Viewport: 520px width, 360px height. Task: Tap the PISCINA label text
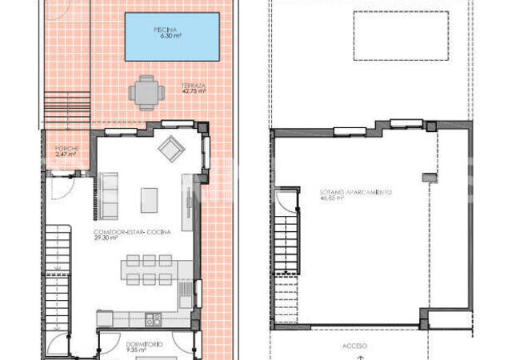(171, 31)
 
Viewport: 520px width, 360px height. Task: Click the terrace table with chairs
(146, 92)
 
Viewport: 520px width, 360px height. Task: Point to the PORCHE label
(65, 149)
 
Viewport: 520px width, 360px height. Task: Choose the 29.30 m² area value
(106, 238)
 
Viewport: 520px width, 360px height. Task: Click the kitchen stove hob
(153, 319)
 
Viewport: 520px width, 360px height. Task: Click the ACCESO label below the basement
(354, 345)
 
